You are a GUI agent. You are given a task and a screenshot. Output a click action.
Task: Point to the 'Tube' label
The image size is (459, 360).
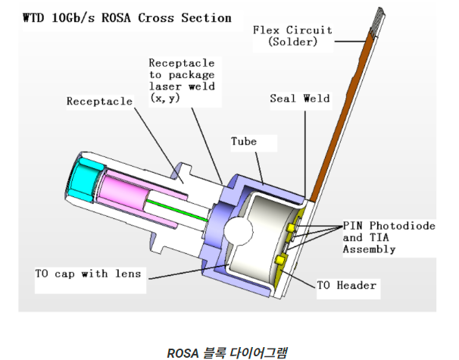(244, 142)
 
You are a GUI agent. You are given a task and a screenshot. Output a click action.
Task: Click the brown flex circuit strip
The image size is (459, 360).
(344, 114)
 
